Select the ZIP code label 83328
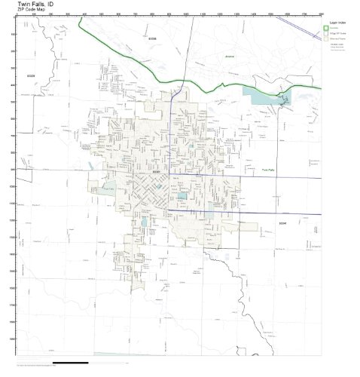tap(32, 76)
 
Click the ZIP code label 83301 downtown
tap(157, 172)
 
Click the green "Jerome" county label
tap(230, 57)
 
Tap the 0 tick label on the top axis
tap(17, 14)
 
